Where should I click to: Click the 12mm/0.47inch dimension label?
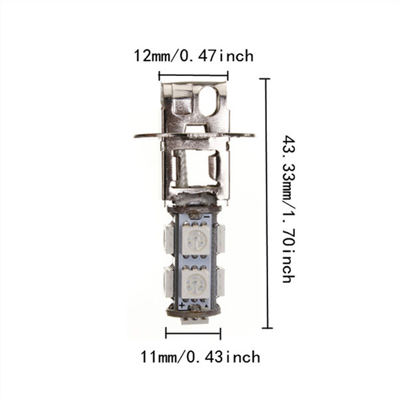(x=194, y=56)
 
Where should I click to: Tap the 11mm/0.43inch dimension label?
(x=200, y=357)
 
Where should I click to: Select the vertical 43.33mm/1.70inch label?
(x=289, y=209)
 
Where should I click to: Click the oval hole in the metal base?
(x=209, y=101)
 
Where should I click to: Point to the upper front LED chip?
(x=196, y=240)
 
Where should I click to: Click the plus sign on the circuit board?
(x=182, y=305)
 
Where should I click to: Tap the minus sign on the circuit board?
(x=207, y=216)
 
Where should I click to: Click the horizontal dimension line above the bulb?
(x=194, y=75)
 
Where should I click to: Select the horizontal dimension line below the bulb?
(x=193, y=333)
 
